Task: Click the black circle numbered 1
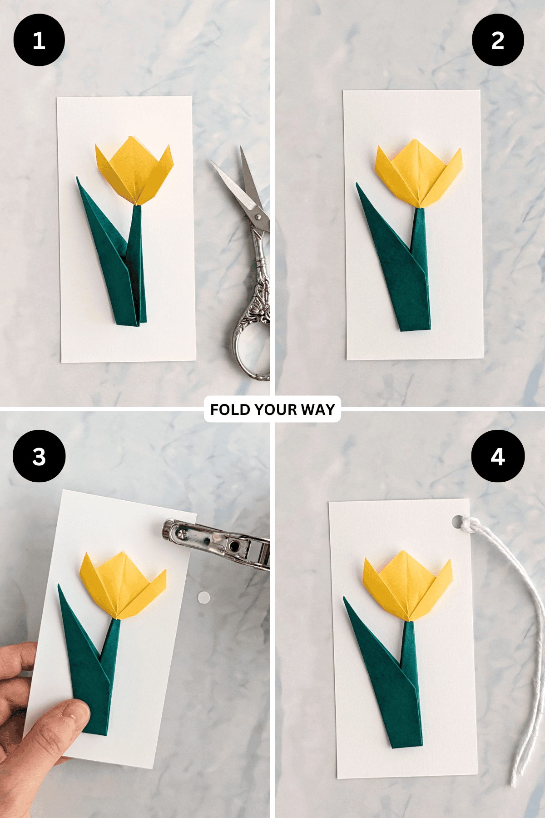click(x=39, y=40)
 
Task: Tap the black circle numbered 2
click(x=498, y=40)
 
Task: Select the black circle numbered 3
click(x=39, y=456)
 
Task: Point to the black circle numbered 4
click(x=498, y=456)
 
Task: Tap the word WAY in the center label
click(x=318, y=409)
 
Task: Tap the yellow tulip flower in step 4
click(x=408, y=586)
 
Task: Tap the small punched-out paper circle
click(x=204, y=598)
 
